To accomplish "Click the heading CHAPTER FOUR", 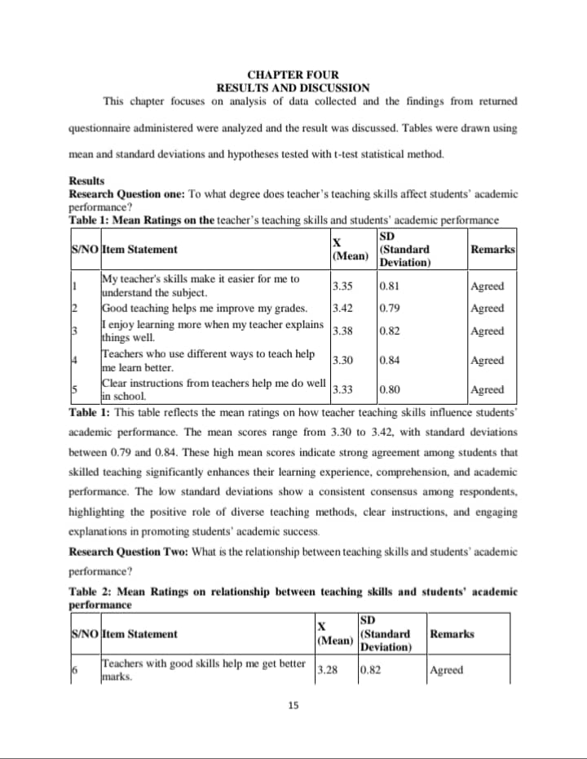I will tap(293, 75).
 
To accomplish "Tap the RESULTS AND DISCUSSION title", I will tap(293, 87).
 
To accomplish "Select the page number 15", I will tap(293, 704).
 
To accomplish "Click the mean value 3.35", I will tap(342, 286).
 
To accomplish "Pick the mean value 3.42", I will tap(342, 308).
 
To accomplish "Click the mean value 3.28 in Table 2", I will tap(327, 670).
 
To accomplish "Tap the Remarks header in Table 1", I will tap(493, 249).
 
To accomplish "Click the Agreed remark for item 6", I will tap(446, 670).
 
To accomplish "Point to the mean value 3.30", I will tap(342, 360).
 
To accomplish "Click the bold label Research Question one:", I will tap(127, 194).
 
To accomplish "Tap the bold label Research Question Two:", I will tap(128, 553).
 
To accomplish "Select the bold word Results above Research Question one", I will tap(86, 181).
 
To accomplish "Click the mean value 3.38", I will tap(342, 331).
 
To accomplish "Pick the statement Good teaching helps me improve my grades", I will tap(204, 308).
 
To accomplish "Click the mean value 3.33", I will tap(342, 390).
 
